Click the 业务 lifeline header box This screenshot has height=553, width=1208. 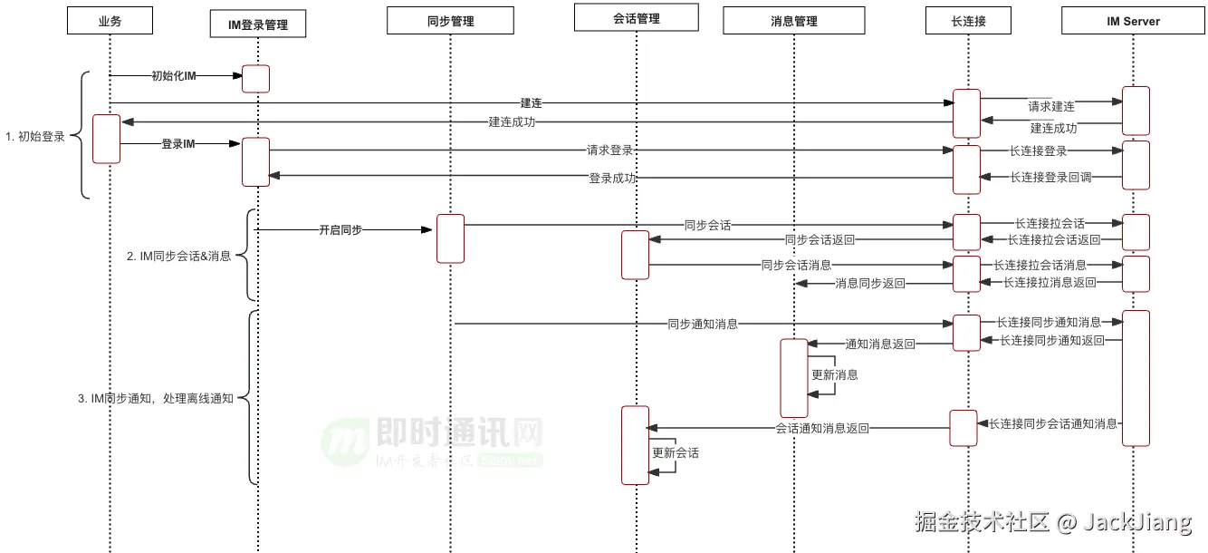click(110, 21)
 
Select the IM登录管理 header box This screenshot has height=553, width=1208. click(257, 24)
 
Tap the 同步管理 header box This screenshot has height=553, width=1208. click(450, 21)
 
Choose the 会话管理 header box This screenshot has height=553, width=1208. click(636, 17)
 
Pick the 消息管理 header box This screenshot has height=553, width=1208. click(793, 21)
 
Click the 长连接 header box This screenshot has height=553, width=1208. click(968, 21)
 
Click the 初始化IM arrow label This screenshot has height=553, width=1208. click(174, 76)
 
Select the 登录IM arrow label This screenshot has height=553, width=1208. click(178, 143)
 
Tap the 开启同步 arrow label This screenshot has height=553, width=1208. click(340, 230)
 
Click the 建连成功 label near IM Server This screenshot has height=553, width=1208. click(1053, 129)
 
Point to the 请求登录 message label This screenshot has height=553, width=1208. click(609, 150)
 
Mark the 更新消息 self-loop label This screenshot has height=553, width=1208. click(834, 374)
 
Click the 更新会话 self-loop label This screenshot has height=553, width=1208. click(676, 452)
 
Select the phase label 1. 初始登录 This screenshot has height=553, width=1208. click(35, 137)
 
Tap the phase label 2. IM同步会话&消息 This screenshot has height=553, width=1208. click(178, 257)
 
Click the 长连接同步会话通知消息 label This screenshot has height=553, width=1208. click(1053, 423)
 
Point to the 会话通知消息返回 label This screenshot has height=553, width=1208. click(822, 429)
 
